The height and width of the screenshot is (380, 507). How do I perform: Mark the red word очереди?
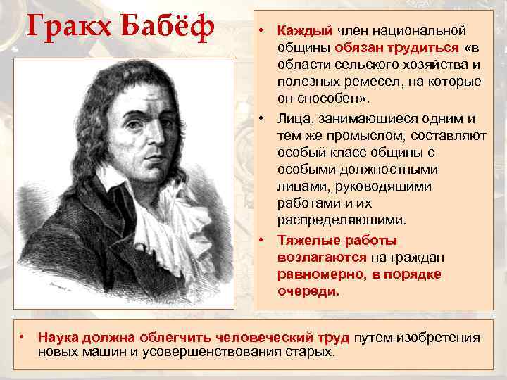[308, 291]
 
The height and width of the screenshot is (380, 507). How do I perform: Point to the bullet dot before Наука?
[23, 338]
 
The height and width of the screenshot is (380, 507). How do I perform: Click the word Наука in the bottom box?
[58, 338]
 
